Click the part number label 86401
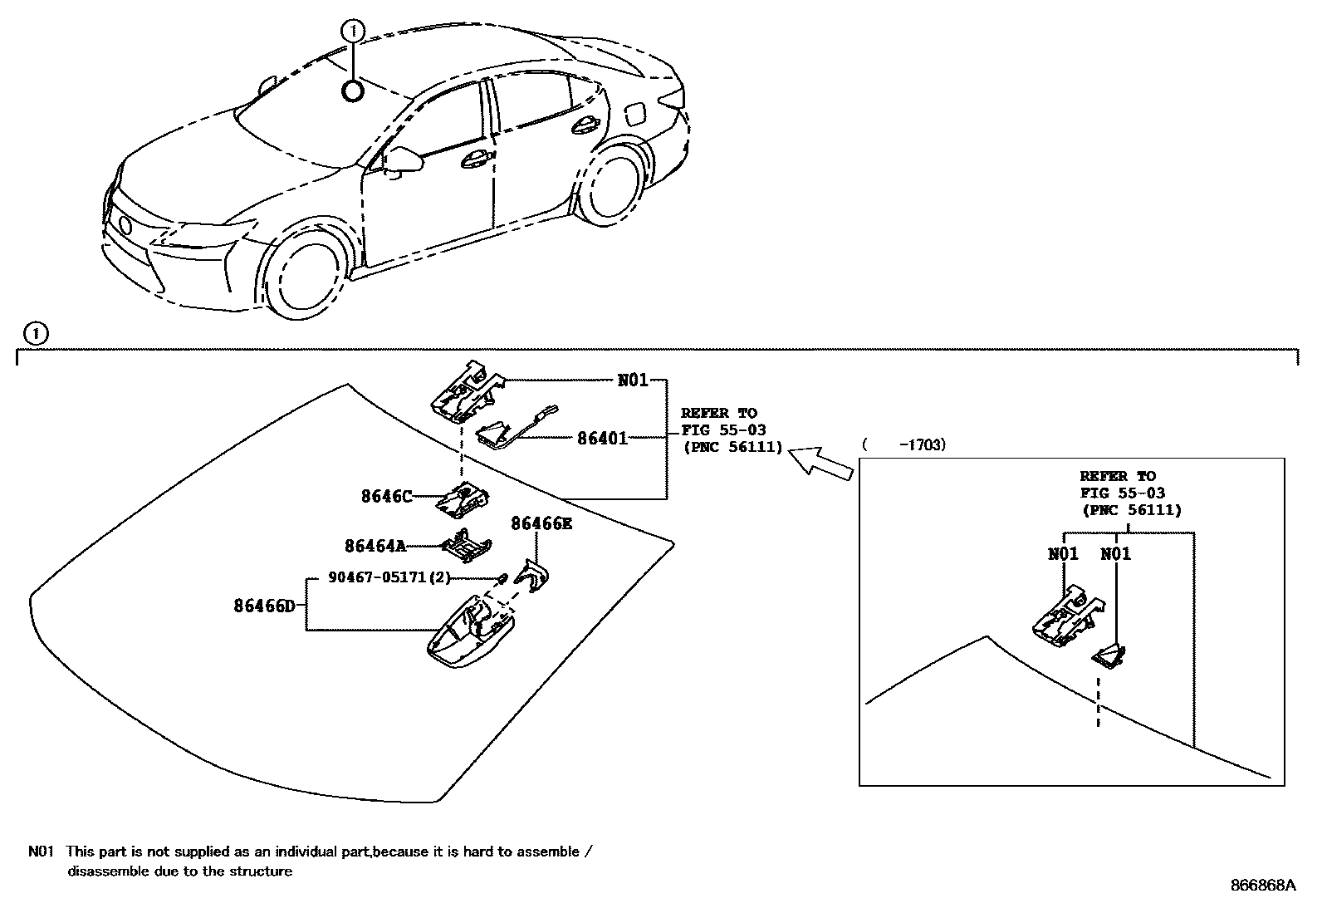coord(602,437)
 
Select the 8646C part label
coord(386,496)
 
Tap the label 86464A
coord(375,546)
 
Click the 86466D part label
coord(264,606)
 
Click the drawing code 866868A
coord(1263,886)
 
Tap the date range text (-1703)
coord(905,445)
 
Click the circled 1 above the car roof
coord(353,32)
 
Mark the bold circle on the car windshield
coord(353,91)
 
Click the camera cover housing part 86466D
coord(469,636)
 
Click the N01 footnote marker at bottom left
coord(41,852)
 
